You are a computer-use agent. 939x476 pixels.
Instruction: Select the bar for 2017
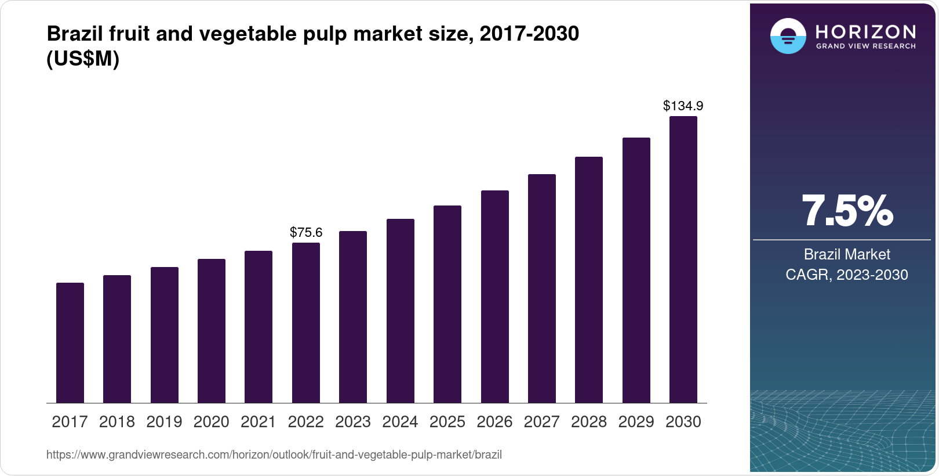click(x=70, y=342)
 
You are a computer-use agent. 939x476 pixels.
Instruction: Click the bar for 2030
click(x=683, y=259)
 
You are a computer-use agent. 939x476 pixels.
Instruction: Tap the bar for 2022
click(x=306, y=323)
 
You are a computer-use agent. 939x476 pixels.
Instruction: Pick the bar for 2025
click(x=447, y=304)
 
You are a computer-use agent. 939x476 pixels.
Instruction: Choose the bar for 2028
click(x=589, y=280)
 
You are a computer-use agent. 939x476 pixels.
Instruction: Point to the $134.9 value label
click(x=683, y=106)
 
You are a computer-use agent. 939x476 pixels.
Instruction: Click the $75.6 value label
click(x=306, y=232)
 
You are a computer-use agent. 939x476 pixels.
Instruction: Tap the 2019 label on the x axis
click(x=164, y=421)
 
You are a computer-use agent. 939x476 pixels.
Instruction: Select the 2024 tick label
click(x=400, y=421)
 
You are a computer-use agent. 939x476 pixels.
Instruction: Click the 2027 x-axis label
click(x=541, y=421)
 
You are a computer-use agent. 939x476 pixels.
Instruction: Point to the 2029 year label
click(x=636, y=421)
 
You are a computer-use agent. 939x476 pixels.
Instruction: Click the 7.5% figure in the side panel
click(x=847, y=211)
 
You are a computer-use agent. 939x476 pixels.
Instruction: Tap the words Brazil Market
click(x=847, y=254)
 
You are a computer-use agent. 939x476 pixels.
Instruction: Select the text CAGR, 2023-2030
click(x=847, y=275)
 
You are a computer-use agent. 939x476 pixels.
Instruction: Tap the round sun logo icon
click(x=788, y=36)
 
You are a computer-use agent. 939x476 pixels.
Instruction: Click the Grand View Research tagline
click(x=865, y=46)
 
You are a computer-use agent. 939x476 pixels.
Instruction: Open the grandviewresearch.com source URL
click(x=274, y=455)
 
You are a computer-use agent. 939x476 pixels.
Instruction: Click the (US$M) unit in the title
click(x=83, y=59)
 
